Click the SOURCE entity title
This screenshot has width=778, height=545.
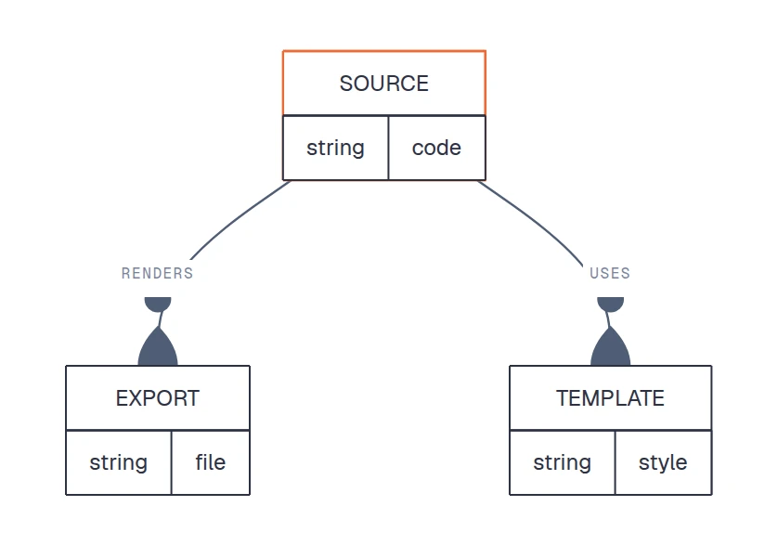coord(384,84)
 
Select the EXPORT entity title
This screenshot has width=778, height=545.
coord(158,398)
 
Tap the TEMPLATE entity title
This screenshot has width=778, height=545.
coord(610,398)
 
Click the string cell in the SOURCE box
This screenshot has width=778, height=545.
coord(335,148)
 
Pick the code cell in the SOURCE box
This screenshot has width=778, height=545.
coord(436,148)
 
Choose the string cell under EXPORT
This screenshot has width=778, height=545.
coord(119,462)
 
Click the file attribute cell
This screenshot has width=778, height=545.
coord(211,462)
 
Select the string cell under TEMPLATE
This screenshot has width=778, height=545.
coord(563,462)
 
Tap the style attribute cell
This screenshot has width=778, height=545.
coord(664,462)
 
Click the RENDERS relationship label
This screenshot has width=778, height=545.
coord(157,274)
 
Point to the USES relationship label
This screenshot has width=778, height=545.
coord(610,274)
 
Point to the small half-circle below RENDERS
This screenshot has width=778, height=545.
coord(158,304)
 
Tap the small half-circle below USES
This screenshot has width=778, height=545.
coord(610,304)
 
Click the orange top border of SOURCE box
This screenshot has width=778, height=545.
coord(384,51)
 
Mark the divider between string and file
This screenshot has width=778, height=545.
coord(171,462)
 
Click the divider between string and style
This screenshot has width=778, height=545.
coord(615,462)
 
